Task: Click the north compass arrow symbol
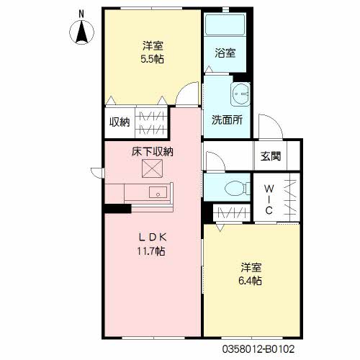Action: coord(82,33)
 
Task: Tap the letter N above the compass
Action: coord(81,13)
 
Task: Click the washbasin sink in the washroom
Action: coord(240,94)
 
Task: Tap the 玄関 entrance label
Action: coord(271,156)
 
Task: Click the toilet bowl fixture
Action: coord(233,189)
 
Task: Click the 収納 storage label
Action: coord(119,122)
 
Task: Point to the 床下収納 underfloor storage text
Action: coord(152,151)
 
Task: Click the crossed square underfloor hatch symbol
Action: coord(152,170)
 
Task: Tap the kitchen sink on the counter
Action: coord(158,192)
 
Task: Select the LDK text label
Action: coord(151,238)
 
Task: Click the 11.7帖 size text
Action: coord(152,251)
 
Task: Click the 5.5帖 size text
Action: coord(152,59)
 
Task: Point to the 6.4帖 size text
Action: coord(251,280)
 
